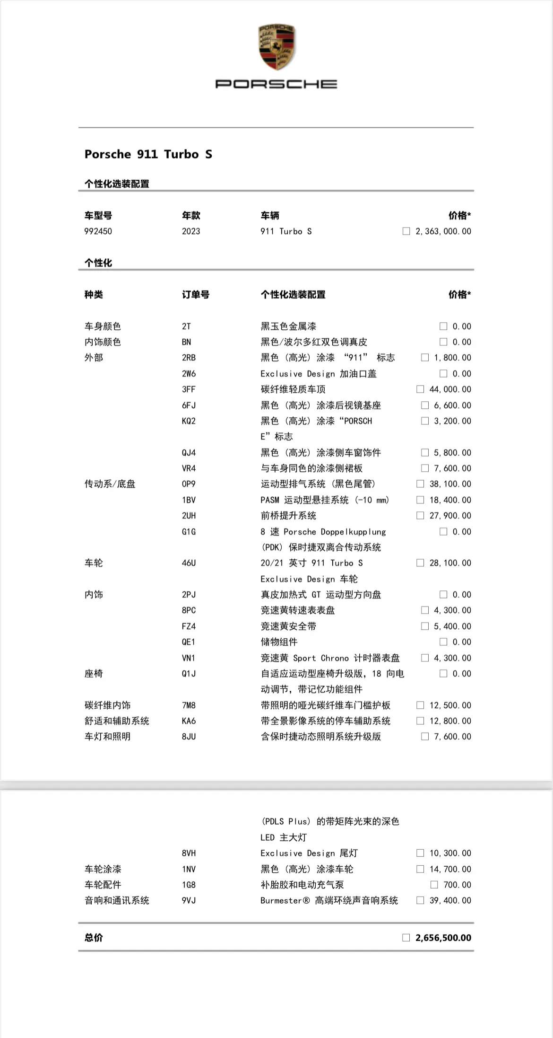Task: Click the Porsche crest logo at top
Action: click(276, 47)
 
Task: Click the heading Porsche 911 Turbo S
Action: click(148, 154)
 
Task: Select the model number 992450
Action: click(98, 231)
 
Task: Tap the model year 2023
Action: click(191, 231)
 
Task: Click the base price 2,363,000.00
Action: click(443, 231)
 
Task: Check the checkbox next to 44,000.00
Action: click(420, 389)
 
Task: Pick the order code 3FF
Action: click(189, 389)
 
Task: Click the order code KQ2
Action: click(189, 421)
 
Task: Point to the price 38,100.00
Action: click(450, 484)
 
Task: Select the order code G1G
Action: click(189, 532)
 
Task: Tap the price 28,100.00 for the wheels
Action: click(450, 563)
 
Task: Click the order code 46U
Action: click(189, 563)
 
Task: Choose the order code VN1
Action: click(189, 658)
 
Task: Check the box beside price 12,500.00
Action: click(420, 705)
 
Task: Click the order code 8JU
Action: click(189, 737)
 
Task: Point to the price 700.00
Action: click(457, 885)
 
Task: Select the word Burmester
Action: click(281, 901)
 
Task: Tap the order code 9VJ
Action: click(189, 901)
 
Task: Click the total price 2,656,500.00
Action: click(443, 938)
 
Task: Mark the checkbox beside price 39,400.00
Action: click(420, 901)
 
